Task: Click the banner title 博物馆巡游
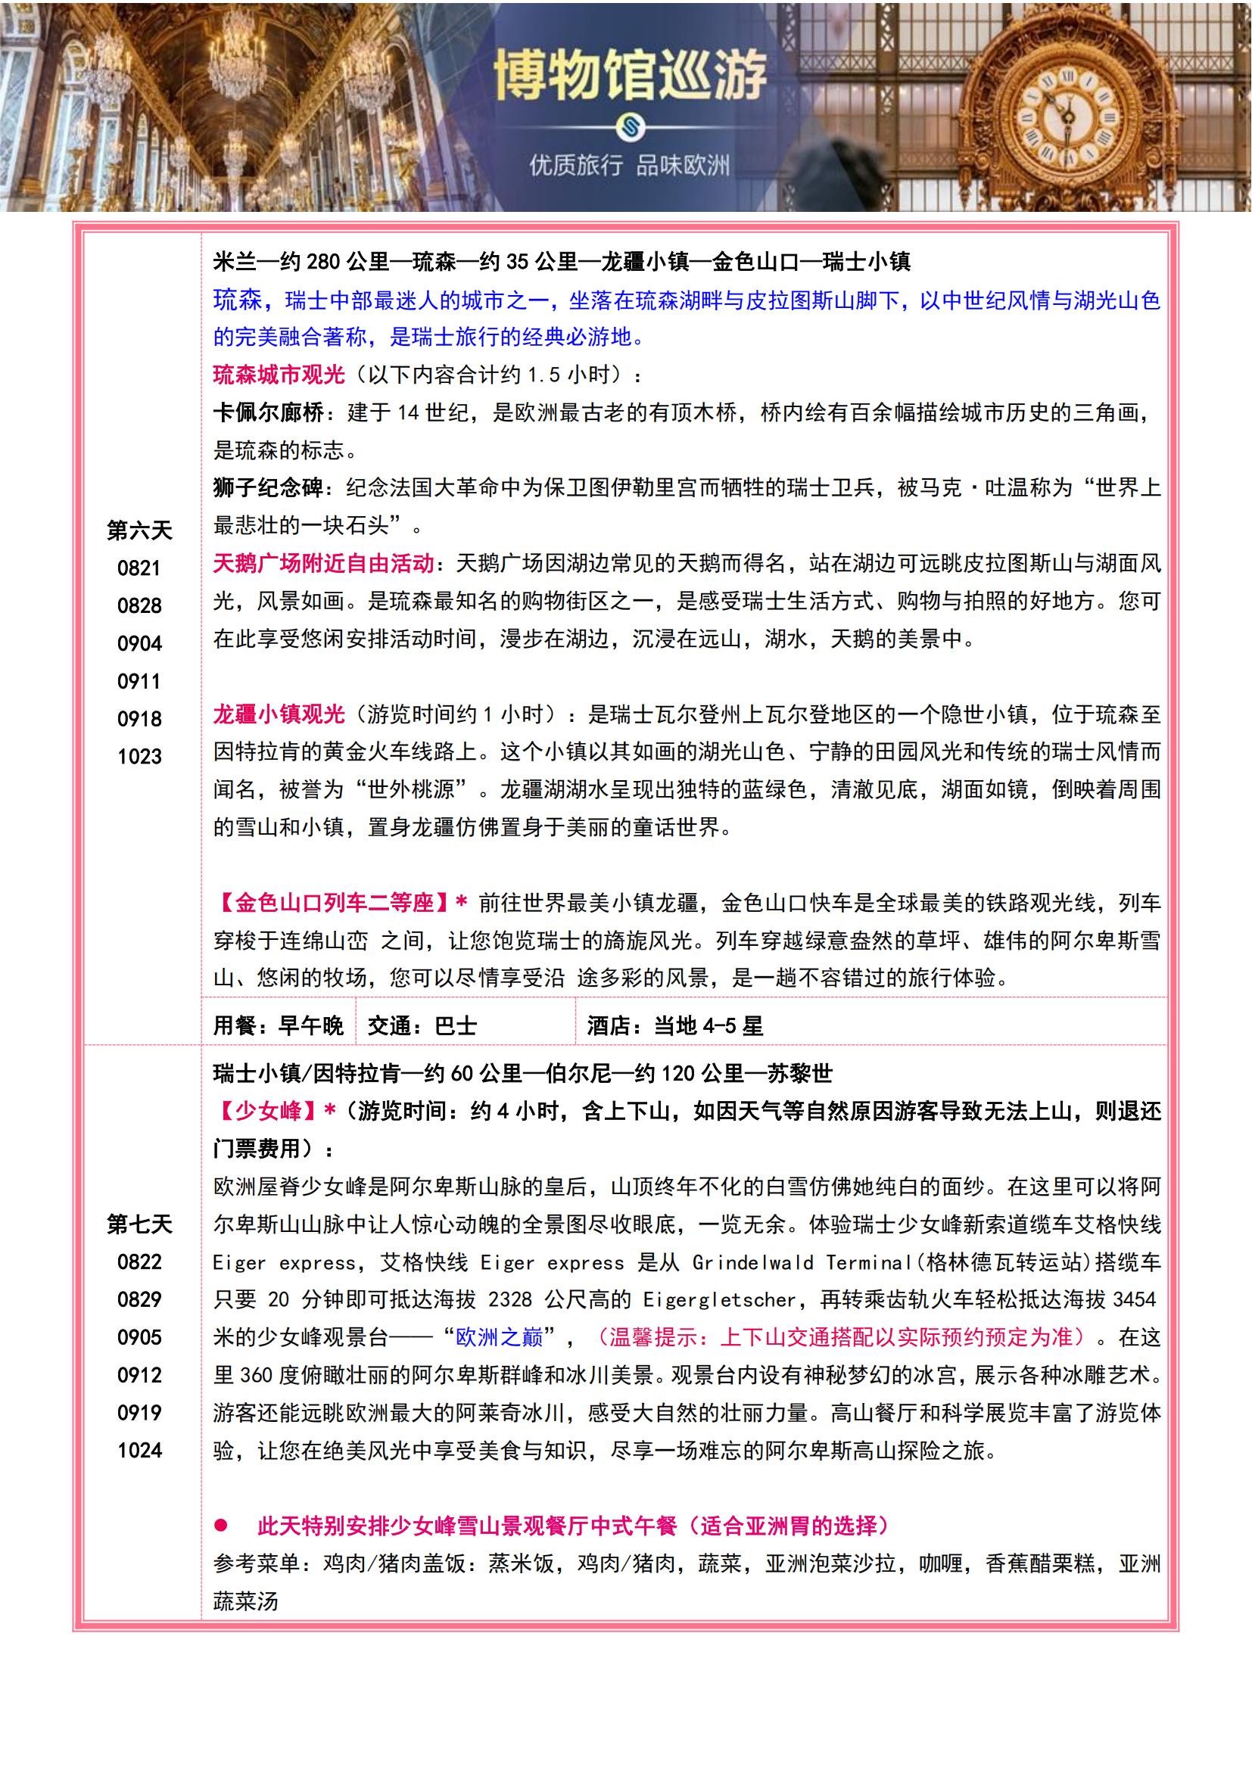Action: (x=630, y=76)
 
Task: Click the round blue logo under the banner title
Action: (x=630, y=127)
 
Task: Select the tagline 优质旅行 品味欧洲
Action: (x=629, y=165)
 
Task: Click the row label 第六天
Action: (x=139, y=530)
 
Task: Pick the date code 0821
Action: (x=139, y=568)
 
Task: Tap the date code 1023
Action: (x=139, y=756)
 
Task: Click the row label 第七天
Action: (x=139, y=1224)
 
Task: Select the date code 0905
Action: (x=139, y=1336)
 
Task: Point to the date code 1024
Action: (x=139, y=1450)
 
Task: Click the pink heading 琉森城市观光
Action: (x=279, y=375)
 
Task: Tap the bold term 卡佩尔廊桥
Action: (x=268, y=412)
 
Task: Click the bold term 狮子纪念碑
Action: (x=268, y=488)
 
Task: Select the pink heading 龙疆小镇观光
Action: (x=279, y=714)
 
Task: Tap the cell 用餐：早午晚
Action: (x=279, y=1025)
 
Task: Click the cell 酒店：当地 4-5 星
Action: (x=674, y=1025)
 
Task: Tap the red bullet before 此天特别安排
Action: (x=221, y=1525)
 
